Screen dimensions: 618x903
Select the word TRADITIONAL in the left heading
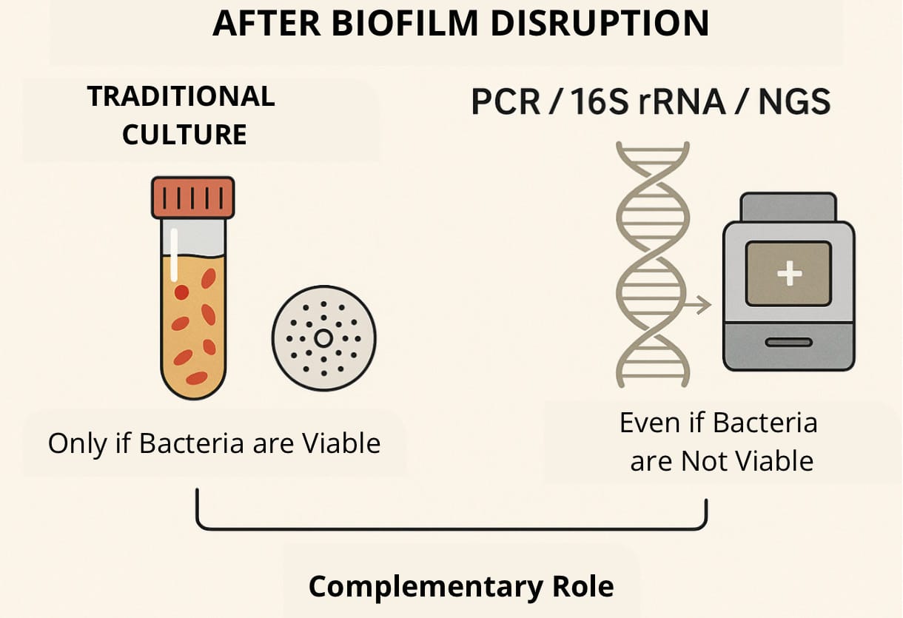pos(181,97)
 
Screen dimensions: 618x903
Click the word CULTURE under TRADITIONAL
pos(184,135)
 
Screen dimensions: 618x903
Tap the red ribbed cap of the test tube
pos(193,197)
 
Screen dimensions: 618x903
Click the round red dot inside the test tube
pos(181,292)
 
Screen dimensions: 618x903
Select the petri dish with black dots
pos(323,339)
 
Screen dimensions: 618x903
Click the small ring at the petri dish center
pos(323,339)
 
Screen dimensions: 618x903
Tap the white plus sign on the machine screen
pos(789,274)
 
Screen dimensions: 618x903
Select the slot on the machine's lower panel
pos(789,343)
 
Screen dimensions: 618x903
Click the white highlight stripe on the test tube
pos(175,254)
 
